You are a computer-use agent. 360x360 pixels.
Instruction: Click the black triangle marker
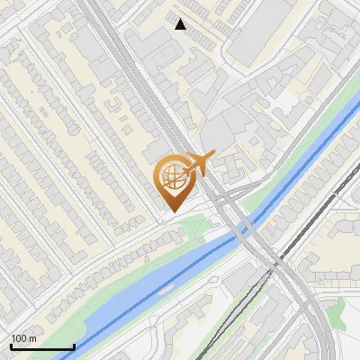click(181, 24)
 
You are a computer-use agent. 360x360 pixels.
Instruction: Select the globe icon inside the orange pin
click(171, 177)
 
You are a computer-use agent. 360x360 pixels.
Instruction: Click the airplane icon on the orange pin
click(197, 165)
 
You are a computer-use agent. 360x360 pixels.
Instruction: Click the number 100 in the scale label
click(19, 338)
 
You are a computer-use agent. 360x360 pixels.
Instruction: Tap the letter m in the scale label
click(32, 338)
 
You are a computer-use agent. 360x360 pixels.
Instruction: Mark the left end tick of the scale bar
click(11, 346)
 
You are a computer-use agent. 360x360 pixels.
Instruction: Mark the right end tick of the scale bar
click(74, 346)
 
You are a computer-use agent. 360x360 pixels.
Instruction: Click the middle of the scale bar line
click(42, 347)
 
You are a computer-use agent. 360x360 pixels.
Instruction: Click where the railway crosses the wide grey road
click(275, 263)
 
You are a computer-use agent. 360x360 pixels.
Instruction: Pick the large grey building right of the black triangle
click(261, 31)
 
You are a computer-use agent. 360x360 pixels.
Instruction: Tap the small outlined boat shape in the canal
click(164, 290)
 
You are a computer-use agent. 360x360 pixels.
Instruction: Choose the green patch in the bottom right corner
click(337, 310)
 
